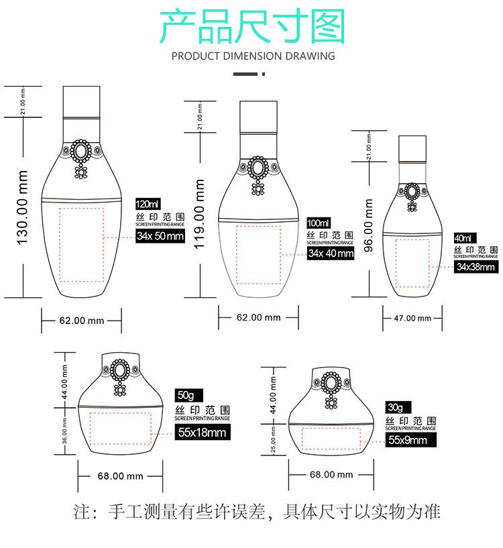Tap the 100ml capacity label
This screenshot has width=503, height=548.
click(x=319, y=223)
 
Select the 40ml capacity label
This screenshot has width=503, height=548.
click(x=463, y=238)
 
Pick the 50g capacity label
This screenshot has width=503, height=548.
click(x=183, y=394)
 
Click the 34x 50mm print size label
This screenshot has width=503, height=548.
click(x=160, y=236)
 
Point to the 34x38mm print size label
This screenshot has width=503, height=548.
click(x=476, y=267)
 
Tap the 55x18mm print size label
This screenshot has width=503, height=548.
click(x=202, y=433)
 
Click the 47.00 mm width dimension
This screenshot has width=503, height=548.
click(x=412, y=318)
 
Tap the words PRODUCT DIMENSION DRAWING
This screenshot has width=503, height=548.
click(x=253, y=56)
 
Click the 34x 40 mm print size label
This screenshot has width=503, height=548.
click(x=331, y=253)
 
